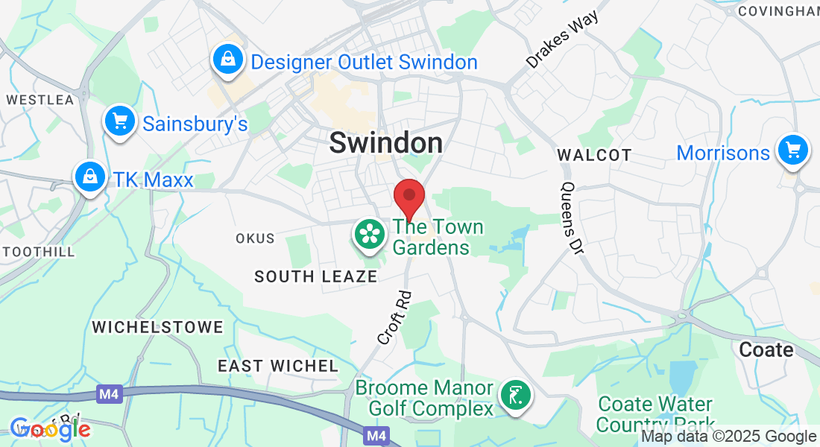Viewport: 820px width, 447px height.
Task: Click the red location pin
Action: tap(409, 197)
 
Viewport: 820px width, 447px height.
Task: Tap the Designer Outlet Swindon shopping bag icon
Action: tap(227, 60)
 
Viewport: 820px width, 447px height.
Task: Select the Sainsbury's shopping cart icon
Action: tap(119, 121)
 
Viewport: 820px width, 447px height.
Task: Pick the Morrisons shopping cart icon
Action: tap(792, 150)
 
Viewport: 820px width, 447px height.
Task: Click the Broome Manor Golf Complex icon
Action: tap(515, 395)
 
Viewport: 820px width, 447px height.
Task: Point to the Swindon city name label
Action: tap(385, 142)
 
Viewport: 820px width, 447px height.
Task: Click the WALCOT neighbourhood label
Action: tap(594, 155)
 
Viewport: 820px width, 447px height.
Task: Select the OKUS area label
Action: tap(255, 238)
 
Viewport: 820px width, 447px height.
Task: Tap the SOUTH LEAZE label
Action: tap(316, 276)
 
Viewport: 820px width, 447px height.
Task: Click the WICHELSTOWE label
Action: tap(157, 327)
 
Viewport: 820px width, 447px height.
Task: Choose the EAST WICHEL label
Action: tap(278, 366)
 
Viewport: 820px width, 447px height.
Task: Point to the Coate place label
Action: tap(766, 349)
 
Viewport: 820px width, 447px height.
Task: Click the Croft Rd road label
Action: tap(394, 317)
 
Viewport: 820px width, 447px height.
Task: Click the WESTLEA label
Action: tap(40, 99)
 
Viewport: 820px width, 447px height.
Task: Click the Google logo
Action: tap(50, 429)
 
